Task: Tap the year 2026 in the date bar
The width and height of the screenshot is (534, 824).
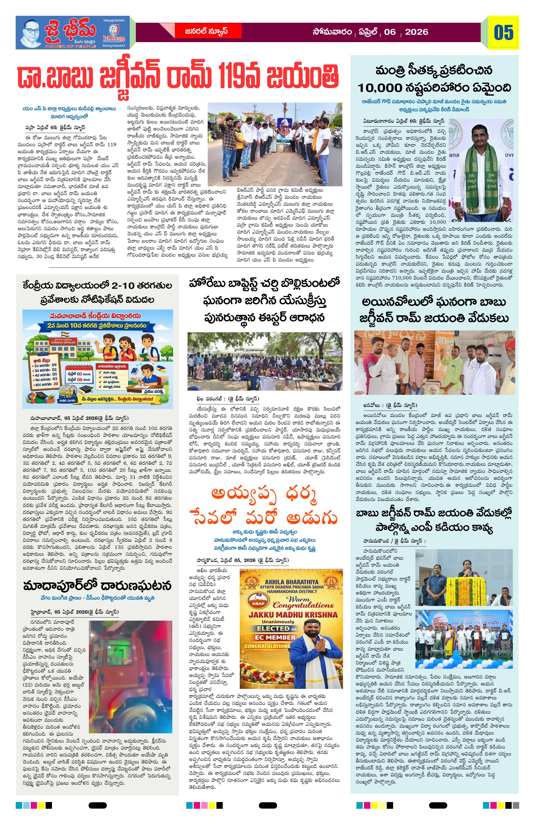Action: click(416, 32)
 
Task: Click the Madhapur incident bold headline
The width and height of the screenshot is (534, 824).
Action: click(97, 586)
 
